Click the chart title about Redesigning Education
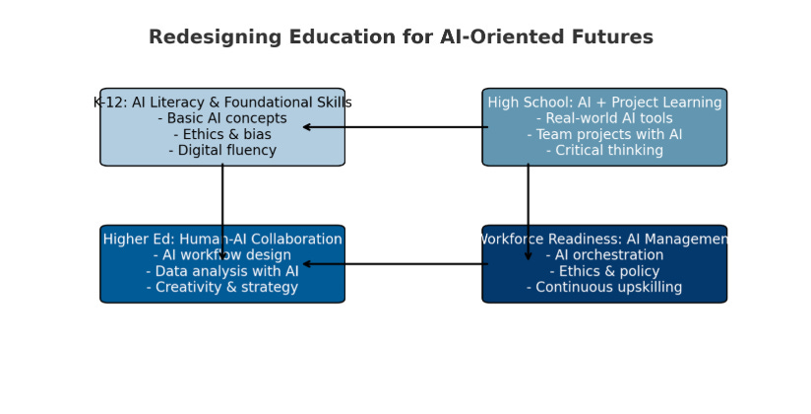401,37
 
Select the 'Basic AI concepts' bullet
222,118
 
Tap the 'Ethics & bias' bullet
222,135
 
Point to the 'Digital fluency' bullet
222,151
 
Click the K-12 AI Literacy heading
222,103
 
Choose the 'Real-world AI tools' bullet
604,118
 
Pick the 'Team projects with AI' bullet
604,135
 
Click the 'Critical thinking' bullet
604,151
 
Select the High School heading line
604,103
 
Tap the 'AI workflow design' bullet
222,255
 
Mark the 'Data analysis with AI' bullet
222,271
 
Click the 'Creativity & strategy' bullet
222,288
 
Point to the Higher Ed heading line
222,240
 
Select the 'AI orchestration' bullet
604,255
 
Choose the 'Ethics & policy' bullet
604,271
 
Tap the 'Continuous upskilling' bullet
604,288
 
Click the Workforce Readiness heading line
604,240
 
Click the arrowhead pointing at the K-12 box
307,127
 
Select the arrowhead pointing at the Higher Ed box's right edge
307,264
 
